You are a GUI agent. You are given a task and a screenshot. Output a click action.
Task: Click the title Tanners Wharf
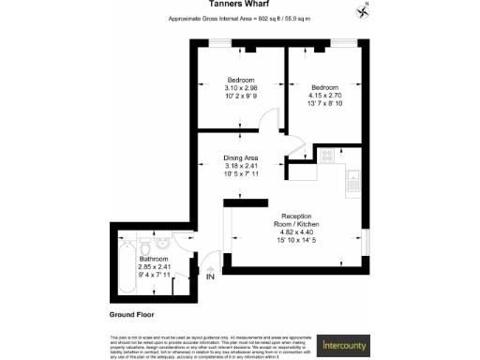240,7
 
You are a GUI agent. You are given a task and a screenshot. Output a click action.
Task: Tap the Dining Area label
240,157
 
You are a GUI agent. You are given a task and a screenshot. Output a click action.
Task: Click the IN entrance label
210,277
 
